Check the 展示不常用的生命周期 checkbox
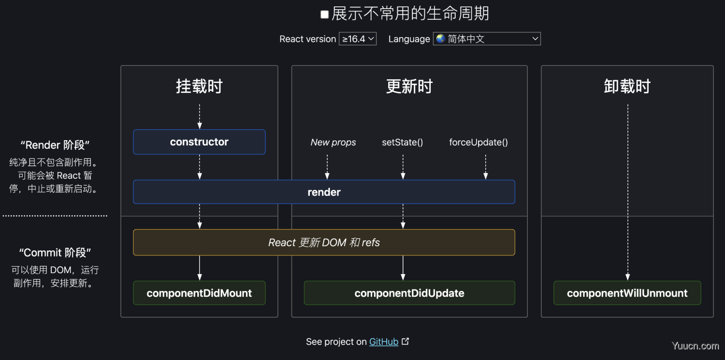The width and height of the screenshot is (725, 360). click(x=324, y=14)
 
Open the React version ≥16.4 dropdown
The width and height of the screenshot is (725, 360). click(x=357, y=39)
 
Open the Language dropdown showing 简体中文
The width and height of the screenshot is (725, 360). click(x=487, y=39)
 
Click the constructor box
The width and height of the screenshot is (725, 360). click(x=199, y=142)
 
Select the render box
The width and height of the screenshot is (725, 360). click(x=324, y=192)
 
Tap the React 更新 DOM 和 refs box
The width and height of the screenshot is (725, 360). click(x=324, y=242)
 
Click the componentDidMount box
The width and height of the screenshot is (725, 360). click(x=199, y=293)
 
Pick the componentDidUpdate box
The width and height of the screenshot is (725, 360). click(x=409, y=293)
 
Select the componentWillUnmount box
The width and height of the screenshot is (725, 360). click(x=627, y=293)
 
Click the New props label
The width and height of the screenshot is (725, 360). click(x=333, y=143)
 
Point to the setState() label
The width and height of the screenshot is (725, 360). click(x=402, y=143)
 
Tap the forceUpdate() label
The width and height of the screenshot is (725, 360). click(x=478, y=143)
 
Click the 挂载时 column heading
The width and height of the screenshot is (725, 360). click(x=199, y=86)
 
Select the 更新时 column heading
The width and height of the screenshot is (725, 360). click(x=409, y=86)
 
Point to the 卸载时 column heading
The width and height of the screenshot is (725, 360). click(x=627, y=86)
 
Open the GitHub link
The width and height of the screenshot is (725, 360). click(x=384, y=342)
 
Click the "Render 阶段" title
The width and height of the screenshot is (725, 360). click(x=55, y=145)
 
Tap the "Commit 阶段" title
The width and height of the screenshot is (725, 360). click(x=55, y=253)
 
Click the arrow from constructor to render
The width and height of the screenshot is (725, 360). click(x=199, y=167)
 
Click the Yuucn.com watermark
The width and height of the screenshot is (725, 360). click(x=695, y=346)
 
